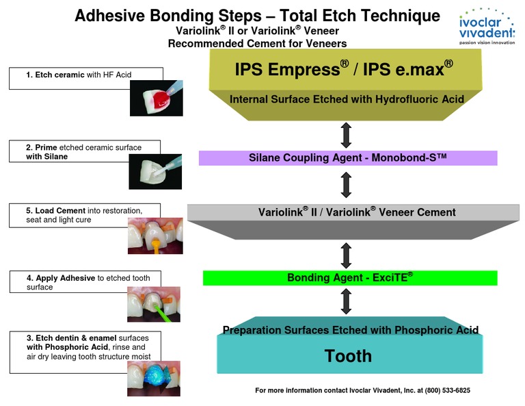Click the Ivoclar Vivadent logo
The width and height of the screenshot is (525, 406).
pyautogui.click(x=487, y=27)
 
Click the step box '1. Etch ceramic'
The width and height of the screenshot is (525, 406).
pyautogui.click(x=86, y=78)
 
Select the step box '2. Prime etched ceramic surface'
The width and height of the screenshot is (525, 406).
pyautogui.click(x=85, y=152)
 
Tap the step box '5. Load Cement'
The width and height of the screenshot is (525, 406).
pyautogui.click(x=85, y=214)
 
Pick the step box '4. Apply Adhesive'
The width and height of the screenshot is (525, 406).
pyautogui.click(x=85, y=282)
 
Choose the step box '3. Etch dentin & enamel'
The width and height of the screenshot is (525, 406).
pyautogui.click(x=85, y=346)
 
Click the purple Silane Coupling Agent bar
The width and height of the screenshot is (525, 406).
pyautogui.click(x=348, y=158)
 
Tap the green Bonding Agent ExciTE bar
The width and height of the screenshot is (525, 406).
pyautogui.click(x=350, y=277)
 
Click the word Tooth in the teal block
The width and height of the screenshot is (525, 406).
pyautogui.click(x=348, y=355)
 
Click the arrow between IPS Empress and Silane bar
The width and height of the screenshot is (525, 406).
pyautogui.click(x=347, y=134)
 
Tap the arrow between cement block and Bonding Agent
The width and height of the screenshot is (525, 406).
pyautogui.click(x=347, y=255)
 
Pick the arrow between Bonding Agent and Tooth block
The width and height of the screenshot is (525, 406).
pyautogui.click(x=347, y=301)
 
